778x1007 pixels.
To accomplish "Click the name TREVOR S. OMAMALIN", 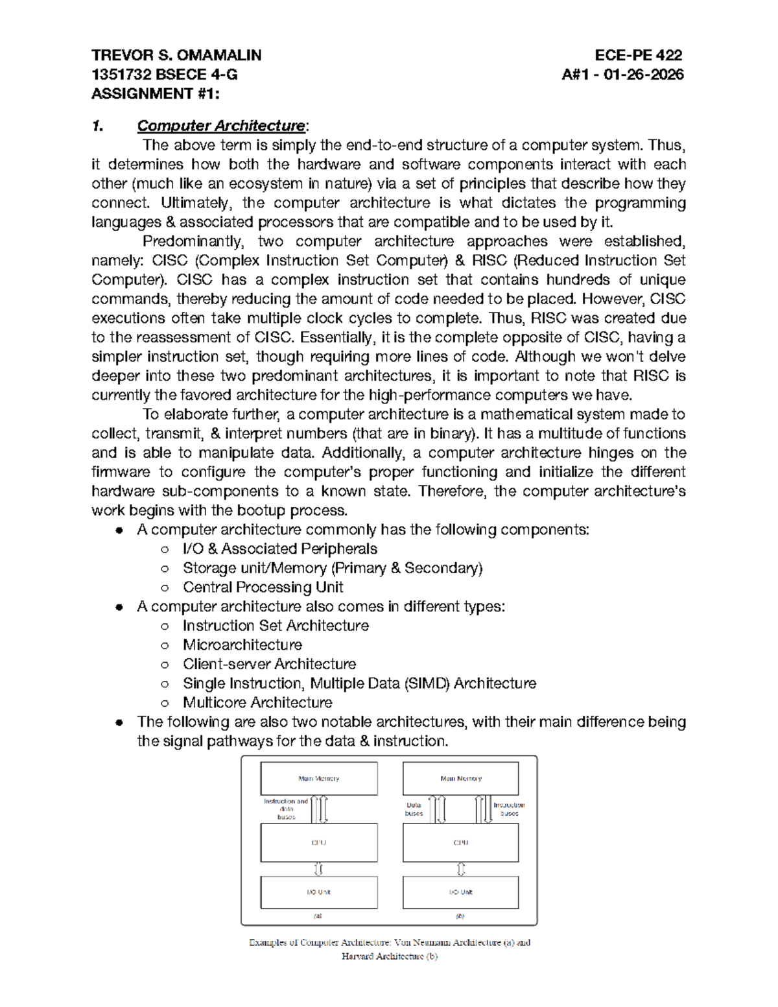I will coord(176,55).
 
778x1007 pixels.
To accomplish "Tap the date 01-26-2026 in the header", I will coord(643,75).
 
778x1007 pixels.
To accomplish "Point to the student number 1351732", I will coord(116,75).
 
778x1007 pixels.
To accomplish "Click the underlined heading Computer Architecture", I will coord(220,126).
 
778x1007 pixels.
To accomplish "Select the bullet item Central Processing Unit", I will coord(263,587).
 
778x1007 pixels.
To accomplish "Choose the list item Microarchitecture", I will coord(242,645).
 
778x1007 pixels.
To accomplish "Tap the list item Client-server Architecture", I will coord(269,665).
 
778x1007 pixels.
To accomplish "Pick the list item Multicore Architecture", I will coord(257,703).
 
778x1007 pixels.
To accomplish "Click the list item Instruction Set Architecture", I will coord(276,626).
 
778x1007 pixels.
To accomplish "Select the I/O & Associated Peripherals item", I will coord(279,549).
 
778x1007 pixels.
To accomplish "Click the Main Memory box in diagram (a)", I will coord(318,778).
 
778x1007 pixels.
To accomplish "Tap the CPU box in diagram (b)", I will coord(460,843).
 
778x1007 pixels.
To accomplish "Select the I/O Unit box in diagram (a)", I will coord(318,892).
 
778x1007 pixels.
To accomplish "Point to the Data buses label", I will coord(414,809).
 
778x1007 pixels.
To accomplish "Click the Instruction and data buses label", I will coord(286,809).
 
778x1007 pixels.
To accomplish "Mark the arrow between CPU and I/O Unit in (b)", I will coord(461,869).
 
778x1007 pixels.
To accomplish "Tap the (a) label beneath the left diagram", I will coord(318,916).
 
